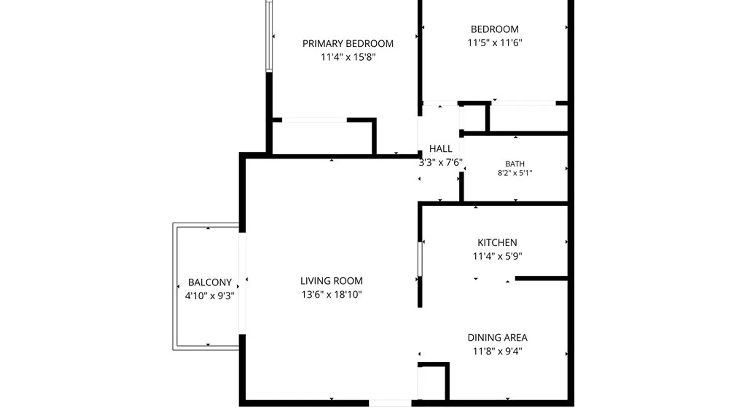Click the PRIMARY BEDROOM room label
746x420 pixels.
348,44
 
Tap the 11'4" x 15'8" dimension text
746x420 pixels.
348,57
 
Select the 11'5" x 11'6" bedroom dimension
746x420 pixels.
495,43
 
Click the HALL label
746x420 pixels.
441,149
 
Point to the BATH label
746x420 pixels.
515,164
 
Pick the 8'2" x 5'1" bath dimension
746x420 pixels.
515,173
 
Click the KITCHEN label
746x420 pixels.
497,243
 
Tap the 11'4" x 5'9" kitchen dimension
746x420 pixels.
497,256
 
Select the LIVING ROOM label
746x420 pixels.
331,281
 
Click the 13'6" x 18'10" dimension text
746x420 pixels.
331,294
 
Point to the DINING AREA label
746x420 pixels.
497,338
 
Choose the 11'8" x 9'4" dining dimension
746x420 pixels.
497,351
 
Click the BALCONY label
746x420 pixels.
210,282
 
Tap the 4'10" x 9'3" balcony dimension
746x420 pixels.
210,296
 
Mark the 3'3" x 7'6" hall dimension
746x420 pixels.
441,162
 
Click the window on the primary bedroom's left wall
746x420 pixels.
269,36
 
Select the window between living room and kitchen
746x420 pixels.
420,259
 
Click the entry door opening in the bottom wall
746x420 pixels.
390,403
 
